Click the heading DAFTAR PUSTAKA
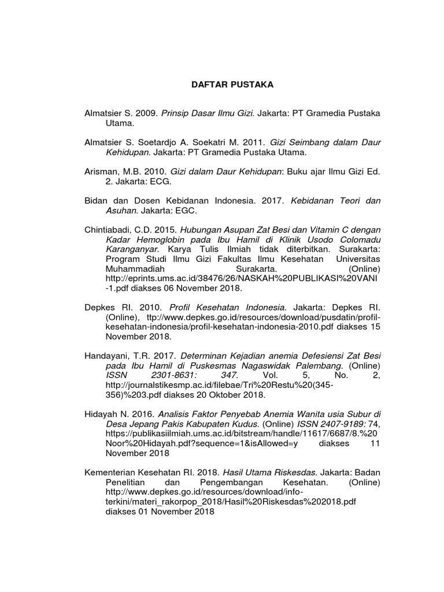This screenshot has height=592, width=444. click(232, 85)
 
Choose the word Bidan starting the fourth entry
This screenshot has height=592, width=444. click(97, 201)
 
